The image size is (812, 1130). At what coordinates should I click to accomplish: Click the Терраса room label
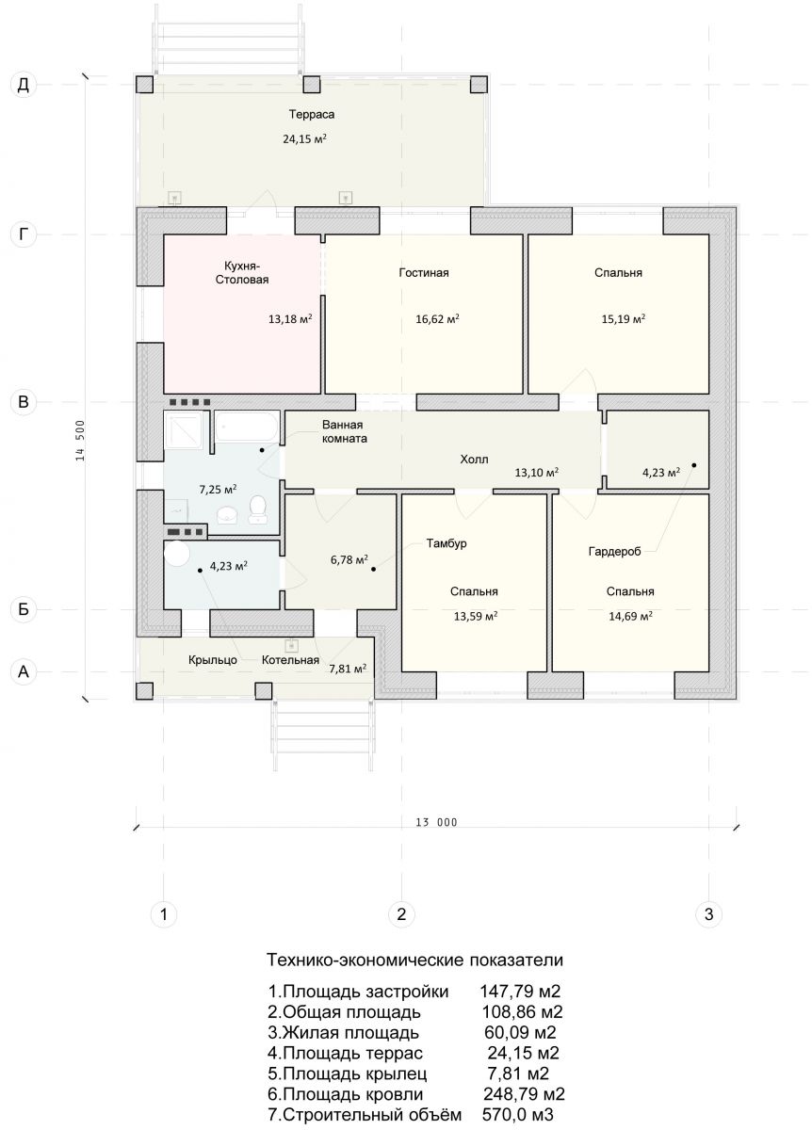(x=312, y=115)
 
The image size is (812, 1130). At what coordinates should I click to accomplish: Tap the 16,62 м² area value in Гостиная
(x=437, y=319)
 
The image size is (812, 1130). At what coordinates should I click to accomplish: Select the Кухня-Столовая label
(x=242, y=273)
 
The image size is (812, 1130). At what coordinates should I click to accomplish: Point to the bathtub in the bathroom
(x=247, y=427)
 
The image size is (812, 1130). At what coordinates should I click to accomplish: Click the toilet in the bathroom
(x=258, y=508)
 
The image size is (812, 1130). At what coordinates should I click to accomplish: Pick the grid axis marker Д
(x=24, y=85)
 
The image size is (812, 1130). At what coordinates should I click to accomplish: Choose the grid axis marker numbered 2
(x=401, y=913)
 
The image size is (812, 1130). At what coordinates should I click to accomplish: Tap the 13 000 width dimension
(x=436, y=822)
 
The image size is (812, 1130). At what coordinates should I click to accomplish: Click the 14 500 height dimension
(x=80, y=441)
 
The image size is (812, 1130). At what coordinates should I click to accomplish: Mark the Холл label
(x=474, y=460)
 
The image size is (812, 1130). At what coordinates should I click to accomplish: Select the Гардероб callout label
(x=614, y=552)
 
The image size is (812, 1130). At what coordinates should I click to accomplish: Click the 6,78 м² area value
(x=349, y=559)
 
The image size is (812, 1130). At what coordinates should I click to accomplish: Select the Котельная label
(x=290, y=660)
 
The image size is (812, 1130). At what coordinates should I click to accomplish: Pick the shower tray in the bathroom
(x=183, y=431)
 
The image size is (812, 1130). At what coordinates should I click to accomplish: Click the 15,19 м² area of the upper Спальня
(x=624, y=319)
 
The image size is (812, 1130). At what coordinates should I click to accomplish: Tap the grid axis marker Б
(x=24, y=609)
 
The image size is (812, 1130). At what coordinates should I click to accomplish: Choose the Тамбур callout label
(x=447, y=543)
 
